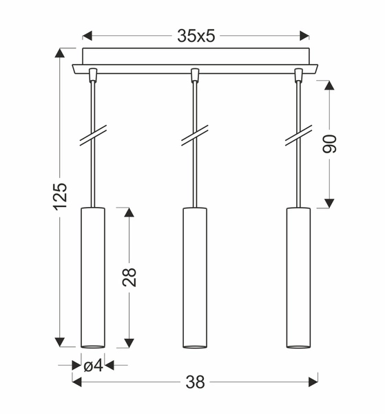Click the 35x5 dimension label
(196, 36)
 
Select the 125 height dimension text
(61, 197)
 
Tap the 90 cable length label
(330, 144)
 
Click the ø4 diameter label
(93, 366)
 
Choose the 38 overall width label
(196, 380)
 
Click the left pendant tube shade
(93, 276)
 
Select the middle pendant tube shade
(195, 276)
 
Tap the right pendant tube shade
(298, 276)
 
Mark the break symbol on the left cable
(93, 136)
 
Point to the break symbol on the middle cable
(195, 136)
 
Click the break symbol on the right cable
(298, 136)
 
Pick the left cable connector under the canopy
(93, 74)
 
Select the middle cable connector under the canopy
(195, 74)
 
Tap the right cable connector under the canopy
(298, 74)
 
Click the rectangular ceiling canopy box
(196, 56)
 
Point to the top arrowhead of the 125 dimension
(61, 53)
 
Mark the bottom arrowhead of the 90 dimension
(329, 202)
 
